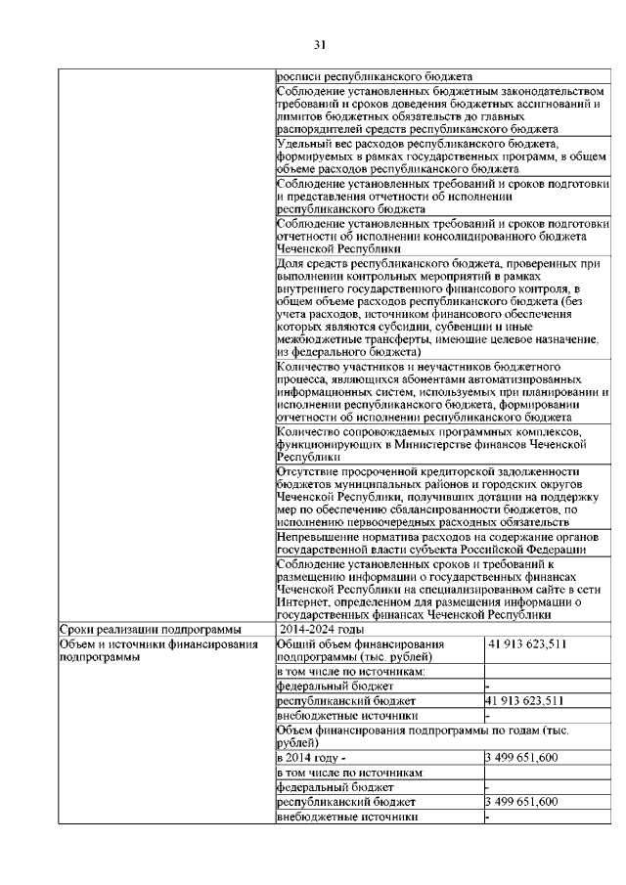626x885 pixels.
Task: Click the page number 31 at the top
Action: click(319, 44)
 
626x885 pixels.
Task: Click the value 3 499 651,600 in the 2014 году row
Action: click(522, 758)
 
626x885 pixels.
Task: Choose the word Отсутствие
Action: click(312, 472)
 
